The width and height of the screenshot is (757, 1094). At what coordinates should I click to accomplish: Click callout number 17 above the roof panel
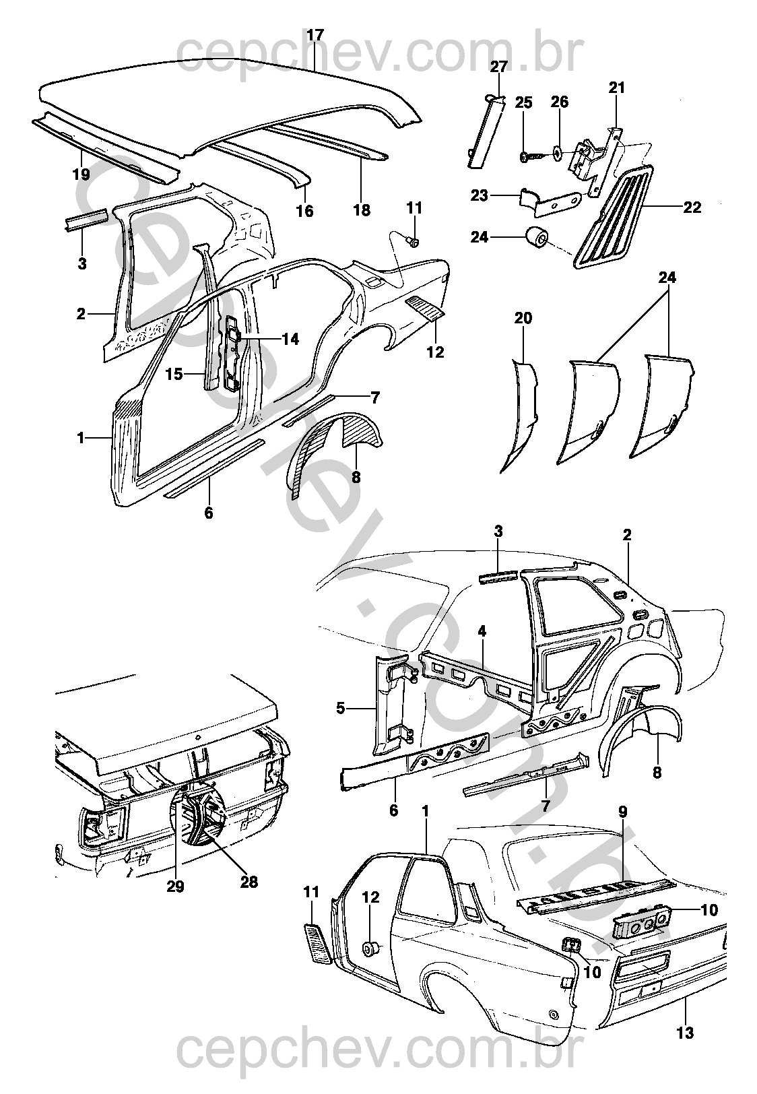315,35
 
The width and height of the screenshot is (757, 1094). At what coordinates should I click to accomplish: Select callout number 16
304,211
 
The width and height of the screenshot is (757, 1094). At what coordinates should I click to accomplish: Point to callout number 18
362,210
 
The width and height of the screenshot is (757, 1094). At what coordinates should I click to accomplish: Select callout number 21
617,88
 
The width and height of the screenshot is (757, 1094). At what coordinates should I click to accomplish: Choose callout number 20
523,318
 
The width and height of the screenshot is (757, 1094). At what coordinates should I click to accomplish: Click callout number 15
174,373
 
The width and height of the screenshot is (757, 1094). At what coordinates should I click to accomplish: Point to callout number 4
482,631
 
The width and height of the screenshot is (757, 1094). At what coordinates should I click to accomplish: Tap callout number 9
622,812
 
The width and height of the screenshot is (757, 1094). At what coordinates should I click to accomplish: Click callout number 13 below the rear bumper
686,1032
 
